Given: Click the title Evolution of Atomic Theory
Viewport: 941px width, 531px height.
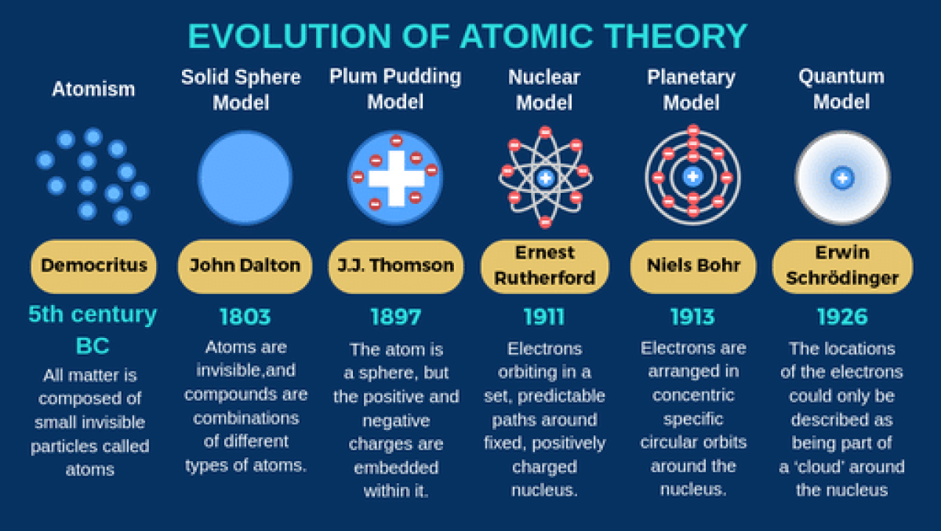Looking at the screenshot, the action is pos(467,36).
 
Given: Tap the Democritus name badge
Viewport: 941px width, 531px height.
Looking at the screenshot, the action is pos(93,267).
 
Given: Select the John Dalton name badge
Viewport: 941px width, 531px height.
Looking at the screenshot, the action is pos(245,267).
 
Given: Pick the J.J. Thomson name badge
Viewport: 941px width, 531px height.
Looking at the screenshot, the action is pos(396,267).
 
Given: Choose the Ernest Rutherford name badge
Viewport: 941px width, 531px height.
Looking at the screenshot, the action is pos(545,267).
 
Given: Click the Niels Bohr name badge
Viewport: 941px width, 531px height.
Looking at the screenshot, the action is pos(693,267).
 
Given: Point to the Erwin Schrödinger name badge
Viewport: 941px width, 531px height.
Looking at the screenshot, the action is pos(842,267).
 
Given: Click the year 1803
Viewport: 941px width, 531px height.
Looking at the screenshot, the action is pos(245,317).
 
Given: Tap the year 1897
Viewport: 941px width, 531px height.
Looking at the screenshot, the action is pos(396,317).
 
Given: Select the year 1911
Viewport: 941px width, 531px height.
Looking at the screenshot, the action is pos(544,317).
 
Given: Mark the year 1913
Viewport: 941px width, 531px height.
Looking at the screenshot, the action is pos(692,317).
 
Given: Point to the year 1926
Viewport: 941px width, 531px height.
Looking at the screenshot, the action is pos(842,317).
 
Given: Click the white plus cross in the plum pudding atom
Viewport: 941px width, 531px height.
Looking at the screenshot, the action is pos(396,178).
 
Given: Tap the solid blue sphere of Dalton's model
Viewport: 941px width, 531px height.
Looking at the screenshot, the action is pos(245,178).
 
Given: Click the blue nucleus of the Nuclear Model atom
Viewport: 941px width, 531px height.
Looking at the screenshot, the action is pos(546,178).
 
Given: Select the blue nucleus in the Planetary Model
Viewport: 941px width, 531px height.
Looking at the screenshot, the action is pos(693,176).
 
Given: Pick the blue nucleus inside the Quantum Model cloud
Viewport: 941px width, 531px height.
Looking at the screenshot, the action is pos(842,178).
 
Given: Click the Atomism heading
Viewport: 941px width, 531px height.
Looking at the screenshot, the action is pos(93,89).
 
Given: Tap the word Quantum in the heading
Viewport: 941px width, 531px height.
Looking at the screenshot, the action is pos(841,77).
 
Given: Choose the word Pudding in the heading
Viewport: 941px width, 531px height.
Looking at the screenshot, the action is pos(422,78).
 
